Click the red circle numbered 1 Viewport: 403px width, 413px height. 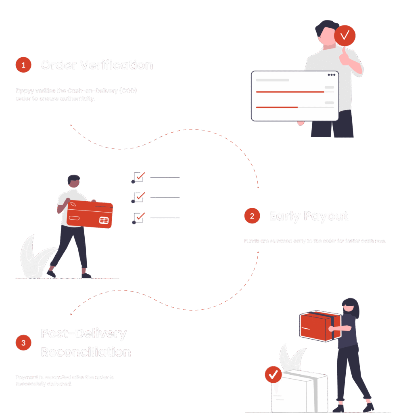pos(23,65)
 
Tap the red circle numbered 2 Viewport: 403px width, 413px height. pos(252,216)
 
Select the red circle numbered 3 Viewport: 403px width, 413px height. pos(23,343)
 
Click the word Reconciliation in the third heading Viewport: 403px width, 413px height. pos(86,352)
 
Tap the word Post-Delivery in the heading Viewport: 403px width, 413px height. pos(84,334)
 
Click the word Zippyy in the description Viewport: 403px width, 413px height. pos(23,91)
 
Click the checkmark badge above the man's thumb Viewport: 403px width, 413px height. pos(345,36)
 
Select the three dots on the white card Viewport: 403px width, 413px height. pos(332,75)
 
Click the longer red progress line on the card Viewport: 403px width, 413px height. pos(290,92)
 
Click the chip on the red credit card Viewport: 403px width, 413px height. pos(104,220)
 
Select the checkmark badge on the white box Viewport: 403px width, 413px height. pos(273,375)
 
